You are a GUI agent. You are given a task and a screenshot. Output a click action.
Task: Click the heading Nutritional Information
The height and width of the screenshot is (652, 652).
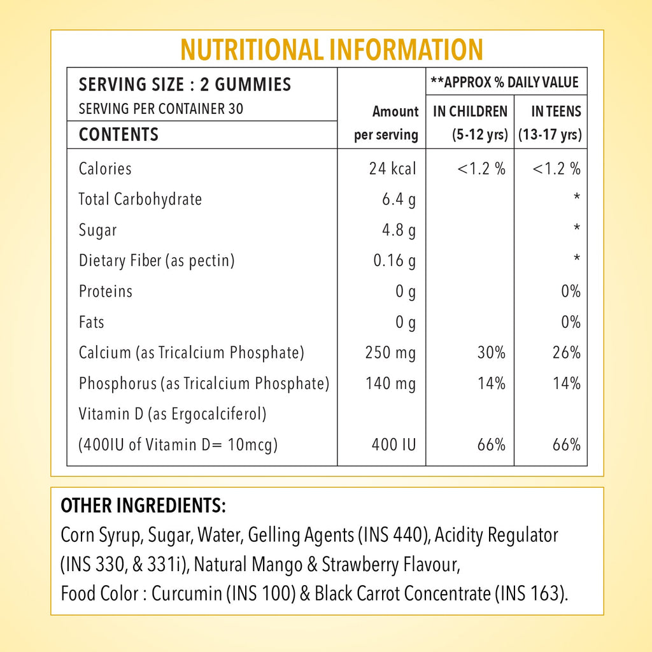[331, 50]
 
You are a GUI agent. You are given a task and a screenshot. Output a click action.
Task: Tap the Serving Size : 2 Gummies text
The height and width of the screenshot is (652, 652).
[185, 85]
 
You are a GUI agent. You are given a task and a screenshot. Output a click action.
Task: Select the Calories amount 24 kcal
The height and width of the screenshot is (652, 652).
[392, 168]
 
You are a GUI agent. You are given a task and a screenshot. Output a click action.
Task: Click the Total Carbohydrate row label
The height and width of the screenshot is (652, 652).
[140, 199]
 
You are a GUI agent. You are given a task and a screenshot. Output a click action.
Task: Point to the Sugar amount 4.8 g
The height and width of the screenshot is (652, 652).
[399, 230]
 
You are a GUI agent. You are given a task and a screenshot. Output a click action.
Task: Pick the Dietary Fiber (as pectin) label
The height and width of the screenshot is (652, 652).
[157, 260]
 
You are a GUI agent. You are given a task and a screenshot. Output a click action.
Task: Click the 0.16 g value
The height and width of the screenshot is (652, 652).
[394, 260]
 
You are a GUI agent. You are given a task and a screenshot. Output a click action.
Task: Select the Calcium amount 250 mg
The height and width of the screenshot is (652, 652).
[390, 353]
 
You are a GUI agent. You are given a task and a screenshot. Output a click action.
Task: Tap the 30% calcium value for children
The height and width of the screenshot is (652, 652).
[491, 353]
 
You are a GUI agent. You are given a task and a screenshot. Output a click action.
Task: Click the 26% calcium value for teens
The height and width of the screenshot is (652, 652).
[566, 353]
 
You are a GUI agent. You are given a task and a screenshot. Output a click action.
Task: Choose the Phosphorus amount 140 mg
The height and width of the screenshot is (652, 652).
[390, 383]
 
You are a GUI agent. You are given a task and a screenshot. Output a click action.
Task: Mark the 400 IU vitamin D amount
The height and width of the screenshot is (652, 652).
[393, 444]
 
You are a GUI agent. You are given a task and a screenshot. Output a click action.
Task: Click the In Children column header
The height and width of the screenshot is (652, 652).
[471, 123]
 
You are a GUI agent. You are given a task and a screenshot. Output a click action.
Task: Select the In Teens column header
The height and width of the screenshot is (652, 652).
[550, 123]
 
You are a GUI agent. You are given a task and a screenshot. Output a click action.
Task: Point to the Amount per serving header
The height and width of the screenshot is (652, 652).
[386, 123]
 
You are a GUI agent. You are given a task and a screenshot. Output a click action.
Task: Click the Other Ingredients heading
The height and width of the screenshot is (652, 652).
[143, 506]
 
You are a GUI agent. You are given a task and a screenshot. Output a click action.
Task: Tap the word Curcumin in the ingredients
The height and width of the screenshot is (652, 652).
[187, 593]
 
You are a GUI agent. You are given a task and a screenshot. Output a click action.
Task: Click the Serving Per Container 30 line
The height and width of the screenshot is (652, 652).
[161, 109]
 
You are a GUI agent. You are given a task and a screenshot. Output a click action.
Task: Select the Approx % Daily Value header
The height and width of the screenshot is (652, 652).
[504, 82]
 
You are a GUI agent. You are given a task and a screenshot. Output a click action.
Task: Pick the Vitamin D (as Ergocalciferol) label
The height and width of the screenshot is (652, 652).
[173, 414]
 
